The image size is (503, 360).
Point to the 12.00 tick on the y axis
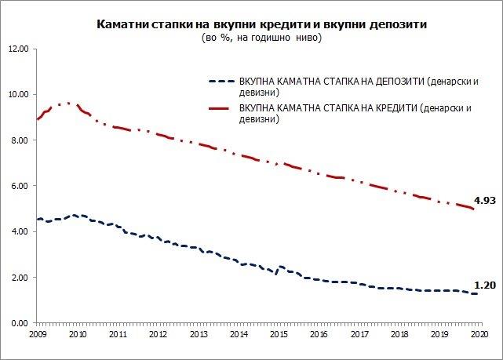[x=18, y=49]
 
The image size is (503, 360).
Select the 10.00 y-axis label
[x=18, y=94]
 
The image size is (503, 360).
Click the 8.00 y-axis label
[x=20, y=140]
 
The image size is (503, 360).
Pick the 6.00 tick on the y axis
[x=20, y=186]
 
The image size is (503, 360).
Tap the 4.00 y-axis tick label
[x=20, y=231]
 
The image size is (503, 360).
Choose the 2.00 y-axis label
[x=20, y=278]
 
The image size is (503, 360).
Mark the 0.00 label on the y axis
[x=20, y=323]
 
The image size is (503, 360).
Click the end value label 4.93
[x=484, y=200]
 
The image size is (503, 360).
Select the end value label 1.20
[x=484, y=286]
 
